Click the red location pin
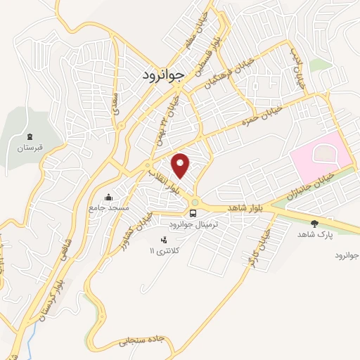coord(181,165)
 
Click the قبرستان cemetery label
coord(30,149)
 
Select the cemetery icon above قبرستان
coord(30,137)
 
